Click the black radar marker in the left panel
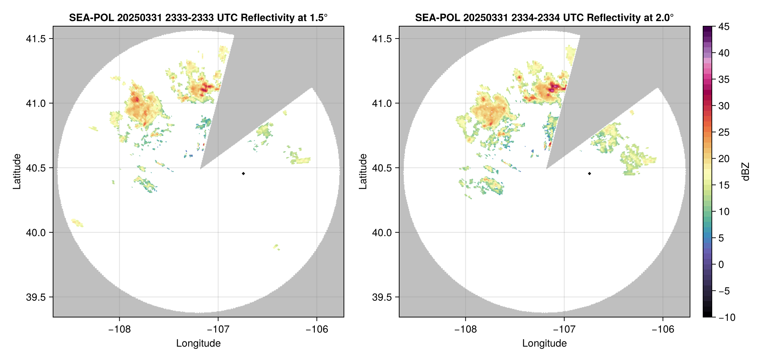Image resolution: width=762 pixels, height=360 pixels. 243,173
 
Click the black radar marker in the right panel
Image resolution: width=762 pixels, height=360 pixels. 589,173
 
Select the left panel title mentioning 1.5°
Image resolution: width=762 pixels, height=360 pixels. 198,17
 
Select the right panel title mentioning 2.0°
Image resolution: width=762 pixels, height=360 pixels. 544,17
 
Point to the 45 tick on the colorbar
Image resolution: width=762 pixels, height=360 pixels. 723,27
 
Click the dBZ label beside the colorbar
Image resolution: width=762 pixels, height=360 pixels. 746,172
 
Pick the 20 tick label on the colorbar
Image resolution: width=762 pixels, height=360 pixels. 723,159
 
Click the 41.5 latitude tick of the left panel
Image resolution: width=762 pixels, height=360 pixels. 36,39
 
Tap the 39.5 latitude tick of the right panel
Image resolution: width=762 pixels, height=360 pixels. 382,297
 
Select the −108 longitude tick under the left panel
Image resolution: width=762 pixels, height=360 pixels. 119,329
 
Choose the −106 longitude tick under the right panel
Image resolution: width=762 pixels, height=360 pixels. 663,329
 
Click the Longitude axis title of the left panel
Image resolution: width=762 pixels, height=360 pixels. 198,343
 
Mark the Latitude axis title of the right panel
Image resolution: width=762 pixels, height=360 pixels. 363,172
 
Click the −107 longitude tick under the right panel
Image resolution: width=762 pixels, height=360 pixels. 564,329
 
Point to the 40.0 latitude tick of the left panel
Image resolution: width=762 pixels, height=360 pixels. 36,232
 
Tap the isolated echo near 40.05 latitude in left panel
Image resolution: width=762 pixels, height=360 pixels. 77,222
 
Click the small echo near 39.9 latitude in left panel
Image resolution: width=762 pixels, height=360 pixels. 276,247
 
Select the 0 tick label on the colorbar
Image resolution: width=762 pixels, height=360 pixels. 721,264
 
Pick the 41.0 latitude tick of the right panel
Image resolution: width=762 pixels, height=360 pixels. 382,103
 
